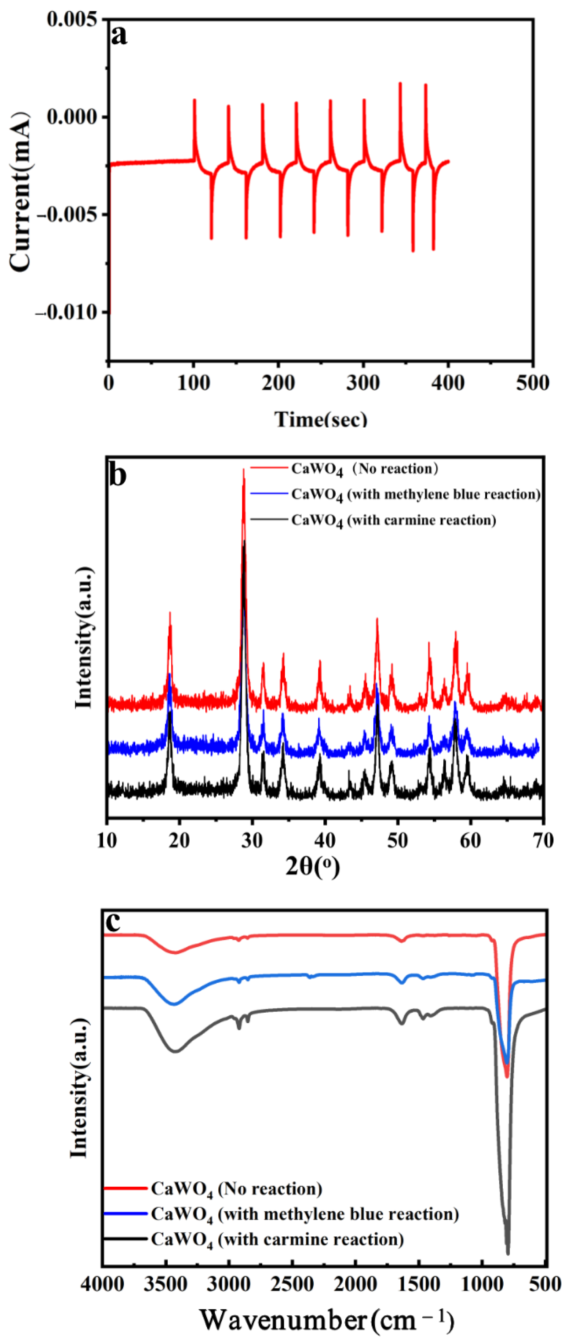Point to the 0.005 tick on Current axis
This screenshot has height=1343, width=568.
pyautogui.click(x=72, y=19)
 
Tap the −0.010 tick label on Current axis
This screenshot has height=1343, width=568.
pyautogui.click(x=67, y=312)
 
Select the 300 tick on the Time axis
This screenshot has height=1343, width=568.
pyautogui.click(x=363, y=383)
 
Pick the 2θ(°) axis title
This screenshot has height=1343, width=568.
pyautogui.click(x=313, y=866)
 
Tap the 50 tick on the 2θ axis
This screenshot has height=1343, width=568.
pyautogui.click(x=397, y=840)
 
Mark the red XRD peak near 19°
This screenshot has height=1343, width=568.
pyautogui.click(x=169, y=614)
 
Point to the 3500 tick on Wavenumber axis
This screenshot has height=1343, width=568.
pyautogui.click(x=166, y=1284)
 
